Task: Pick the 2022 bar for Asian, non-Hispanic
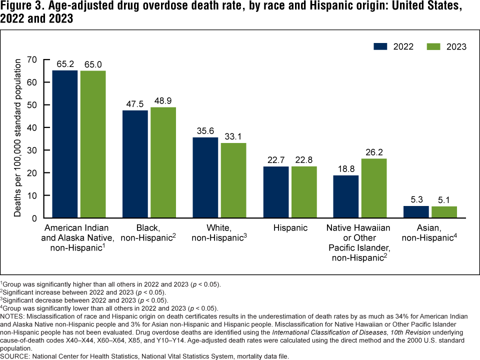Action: (x=416, y=212)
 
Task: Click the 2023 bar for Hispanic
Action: (x=304, y=192)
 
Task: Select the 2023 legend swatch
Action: (x=433, y=46)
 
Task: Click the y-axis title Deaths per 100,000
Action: (x=18, y=137)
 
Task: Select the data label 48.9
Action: (x=163, y=99)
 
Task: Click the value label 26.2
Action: (x=374, y=150)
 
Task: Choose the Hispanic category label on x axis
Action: (x=290, y=228)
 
